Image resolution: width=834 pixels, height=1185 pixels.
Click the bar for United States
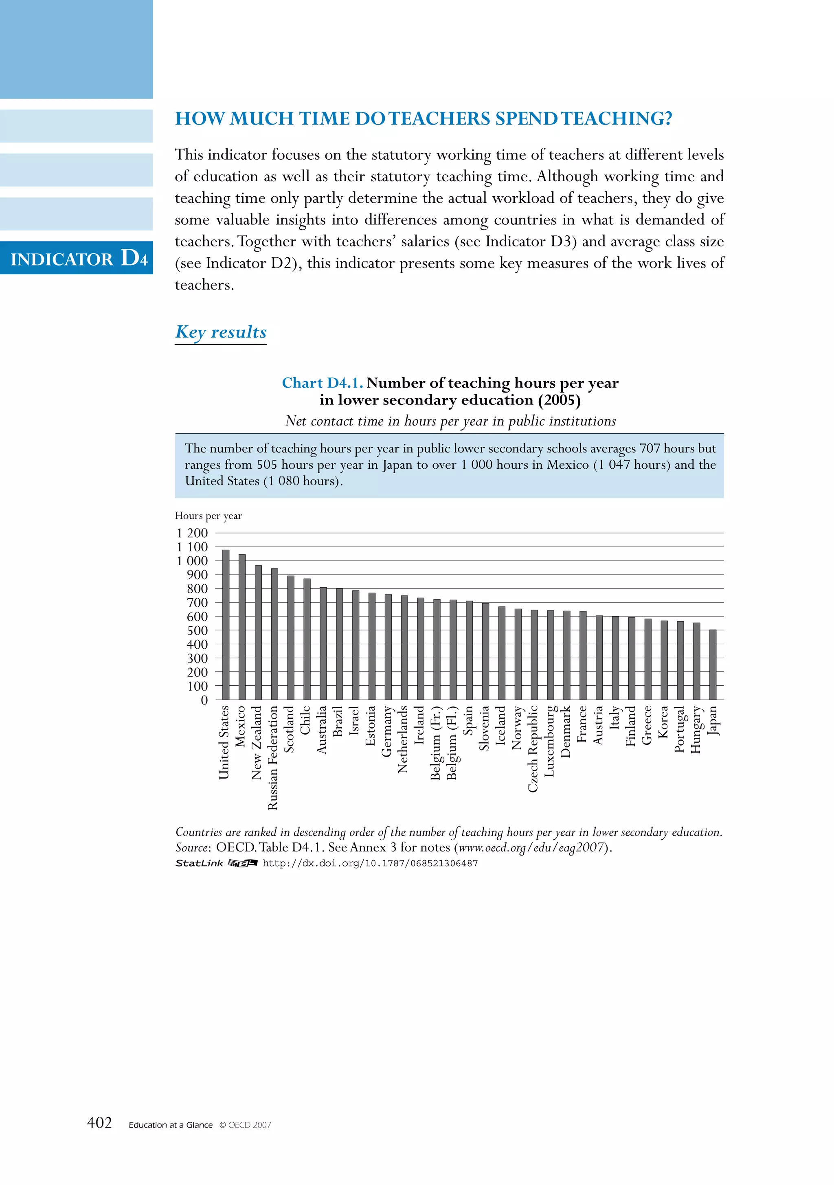coord(226,625)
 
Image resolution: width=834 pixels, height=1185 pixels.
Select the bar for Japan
coord(713,665)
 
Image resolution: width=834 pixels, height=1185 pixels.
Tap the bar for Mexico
coord(242,627)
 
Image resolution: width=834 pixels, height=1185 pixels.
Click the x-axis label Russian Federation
coord(272,758)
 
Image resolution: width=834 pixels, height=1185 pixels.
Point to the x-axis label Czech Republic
coord(533,748)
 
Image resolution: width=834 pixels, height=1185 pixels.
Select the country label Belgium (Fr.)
coord(435,743)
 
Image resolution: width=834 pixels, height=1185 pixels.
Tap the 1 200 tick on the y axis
coord(192,533)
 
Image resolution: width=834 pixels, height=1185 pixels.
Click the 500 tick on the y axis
coord(197,631)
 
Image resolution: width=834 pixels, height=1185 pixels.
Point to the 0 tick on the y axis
coord(204,700)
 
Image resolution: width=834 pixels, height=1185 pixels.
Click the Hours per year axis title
coord(208,516)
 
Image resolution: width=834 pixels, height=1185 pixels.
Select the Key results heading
coord(221,332)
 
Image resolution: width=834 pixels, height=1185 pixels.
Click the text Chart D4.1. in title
coord(322,383)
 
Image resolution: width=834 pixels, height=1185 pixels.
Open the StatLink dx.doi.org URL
coord(370,863)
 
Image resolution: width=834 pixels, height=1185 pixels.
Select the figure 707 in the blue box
coord(650,448)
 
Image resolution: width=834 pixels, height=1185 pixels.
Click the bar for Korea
coord(664,660)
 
